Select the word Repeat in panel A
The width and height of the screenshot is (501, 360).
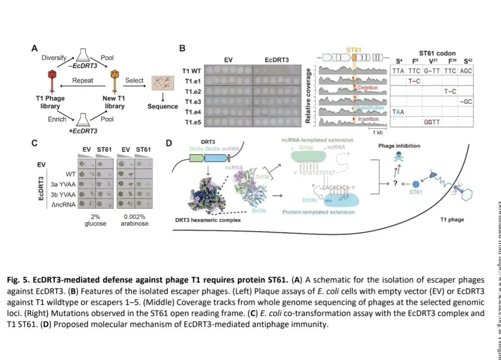[x=83, y=80]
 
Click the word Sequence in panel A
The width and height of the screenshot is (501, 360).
[x=163, y=106]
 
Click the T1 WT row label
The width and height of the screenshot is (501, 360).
[x=192, y=71]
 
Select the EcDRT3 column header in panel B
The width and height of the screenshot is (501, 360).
[x=276, y=60]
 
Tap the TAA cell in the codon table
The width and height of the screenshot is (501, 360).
[x=398, y=112]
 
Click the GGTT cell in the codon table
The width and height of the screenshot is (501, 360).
[x=431, y=122]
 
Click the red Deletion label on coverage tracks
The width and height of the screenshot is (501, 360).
[x=368, y=88]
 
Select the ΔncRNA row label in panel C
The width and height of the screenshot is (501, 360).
[x=64, y=203]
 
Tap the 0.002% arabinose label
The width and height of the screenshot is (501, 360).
[x=135, y=220]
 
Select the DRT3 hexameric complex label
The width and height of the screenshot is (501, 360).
[x=208, y=220]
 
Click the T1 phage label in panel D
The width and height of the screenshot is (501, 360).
[x=452, y=219]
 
